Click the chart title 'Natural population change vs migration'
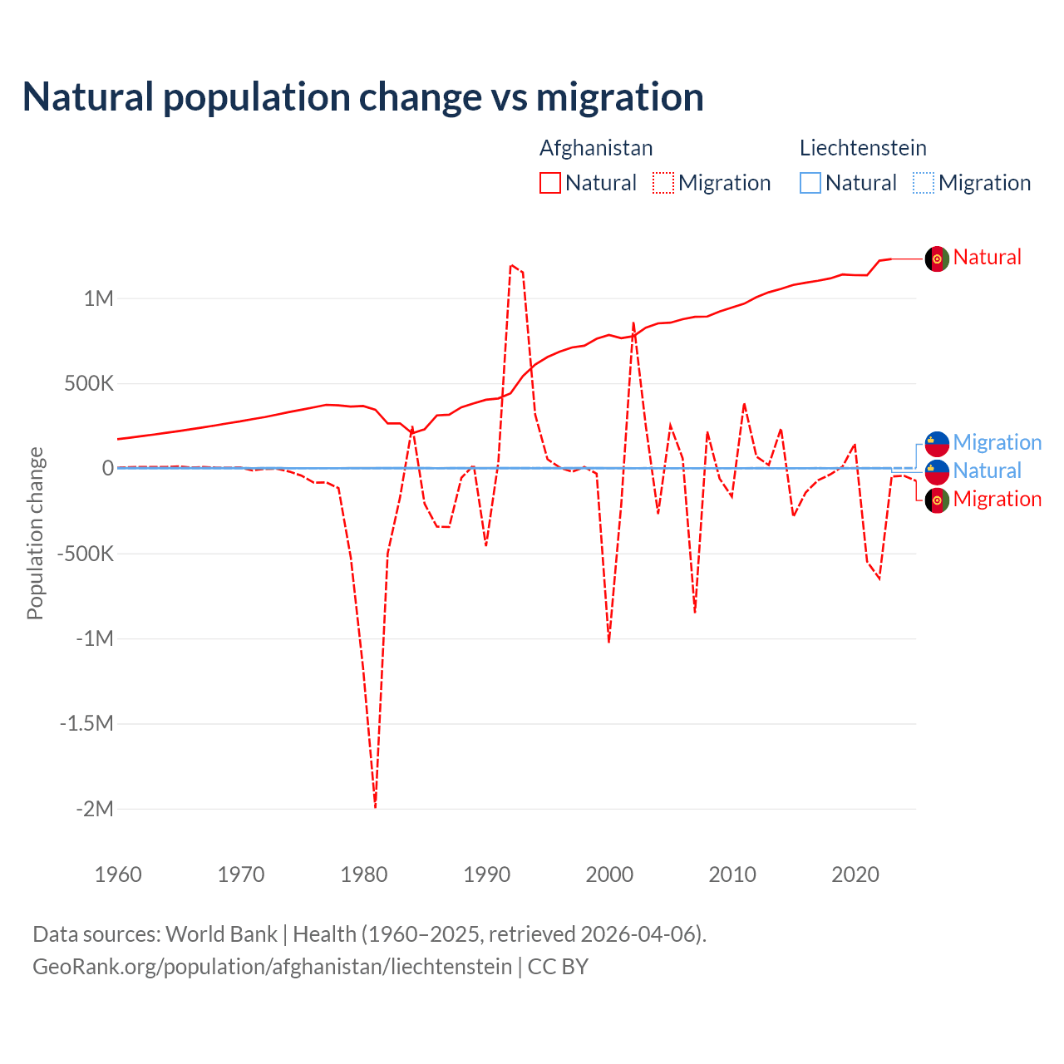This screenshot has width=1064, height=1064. pyautogui.click(x=363, y=97)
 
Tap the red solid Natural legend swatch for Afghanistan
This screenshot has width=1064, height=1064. pyautogui.click(x=549, y=183)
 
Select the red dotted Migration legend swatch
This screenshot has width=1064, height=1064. pyautogui.click(x=663, y=183)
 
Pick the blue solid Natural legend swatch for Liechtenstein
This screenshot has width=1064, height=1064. pyautogui.click(x=810, y=183)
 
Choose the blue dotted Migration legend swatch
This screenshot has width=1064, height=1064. pyautogui.click(x=924, y=183)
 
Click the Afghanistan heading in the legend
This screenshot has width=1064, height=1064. pyautogui.click(x=596, y=148)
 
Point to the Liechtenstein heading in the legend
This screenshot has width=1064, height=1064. pyautogui.click(x=863, y=148)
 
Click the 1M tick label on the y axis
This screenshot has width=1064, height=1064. pyautogui.click(x=98, y=298)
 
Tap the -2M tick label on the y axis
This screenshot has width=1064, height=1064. pyautogui.click(x=94, y=809)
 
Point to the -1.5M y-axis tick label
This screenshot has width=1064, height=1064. pyautogui.click(x=86, y=723)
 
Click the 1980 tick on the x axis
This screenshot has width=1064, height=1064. pyautogui.click(x=364, y=874)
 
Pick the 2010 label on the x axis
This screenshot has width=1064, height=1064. pyautogui.click(x=732, y=874)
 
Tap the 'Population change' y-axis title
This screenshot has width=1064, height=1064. pyautogui.click(x=35, y=533)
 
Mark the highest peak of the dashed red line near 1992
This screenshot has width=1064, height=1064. pyautogui.click(x=511, y=265)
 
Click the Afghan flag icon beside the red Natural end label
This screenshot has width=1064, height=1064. pyautogui.click(x=937, y=259)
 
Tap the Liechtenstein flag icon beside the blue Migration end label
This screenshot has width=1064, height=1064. pyautogui.click(x=937, y=443)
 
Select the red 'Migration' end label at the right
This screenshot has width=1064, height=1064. pyautogui.click(x=997, y=499)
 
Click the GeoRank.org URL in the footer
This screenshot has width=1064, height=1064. pyautogui.click(x=272, y=967)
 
